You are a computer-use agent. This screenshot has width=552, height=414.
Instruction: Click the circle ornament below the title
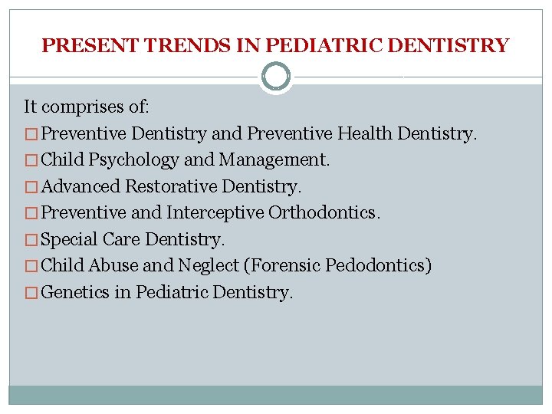click(276, 77)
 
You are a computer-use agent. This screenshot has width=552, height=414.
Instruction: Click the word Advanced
click(80, 186)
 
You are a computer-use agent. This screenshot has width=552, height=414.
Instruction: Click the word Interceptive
click(215, 213)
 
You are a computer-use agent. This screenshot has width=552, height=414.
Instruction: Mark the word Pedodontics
click(378, 266)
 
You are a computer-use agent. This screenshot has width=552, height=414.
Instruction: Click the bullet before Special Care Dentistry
click(31, 240)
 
